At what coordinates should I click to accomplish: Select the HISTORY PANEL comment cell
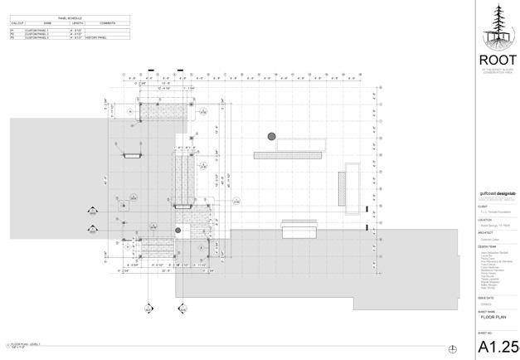tap(95, 38)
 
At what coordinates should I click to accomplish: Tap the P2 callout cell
tap(12, 34)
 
